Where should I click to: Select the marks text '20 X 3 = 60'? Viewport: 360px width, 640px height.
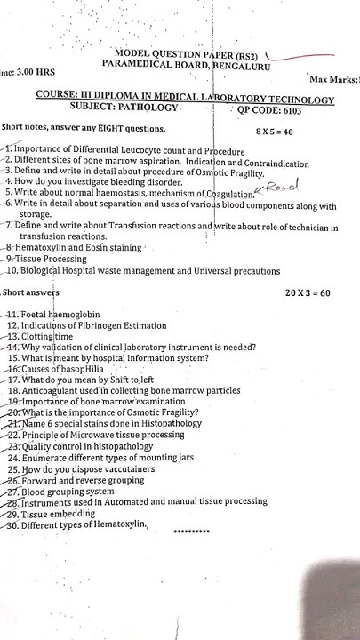point(307,292)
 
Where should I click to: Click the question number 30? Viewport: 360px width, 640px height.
point(12,524)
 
